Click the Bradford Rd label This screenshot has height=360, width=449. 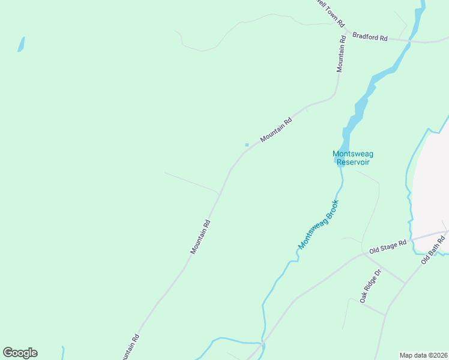[x=369, y=37]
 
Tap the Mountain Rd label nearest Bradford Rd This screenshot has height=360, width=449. [x=341, y=55]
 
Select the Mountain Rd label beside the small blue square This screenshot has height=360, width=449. [x=276, y=129]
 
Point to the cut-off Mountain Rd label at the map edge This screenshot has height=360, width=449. [x=131, y=346]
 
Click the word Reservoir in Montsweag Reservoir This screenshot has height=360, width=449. [x=352, y=162]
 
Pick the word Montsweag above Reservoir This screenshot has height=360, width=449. [x=352, y=154]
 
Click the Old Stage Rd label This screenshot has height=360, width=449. [x=388, y=246]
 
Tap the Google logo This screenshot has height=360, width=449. [x=20, y=353]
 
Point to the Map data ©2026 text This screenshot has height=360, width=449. [x=423, y=355]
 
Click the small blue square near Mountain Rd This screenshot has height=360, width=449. [x=247, y=145]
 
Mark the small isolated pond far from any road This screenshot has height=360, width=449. [x=21, y=44]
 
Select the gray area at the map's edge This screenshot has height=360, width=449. [x=432, y=180]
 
